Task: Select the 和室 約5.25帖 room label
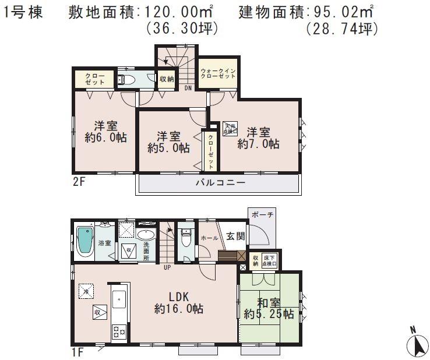[268, 309]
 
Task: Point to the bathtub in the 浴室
[86, 240]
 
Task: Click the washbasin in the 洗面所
[146, 235]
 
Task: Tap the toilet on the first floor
[186, 239]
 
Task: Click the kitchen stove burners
[118, 331]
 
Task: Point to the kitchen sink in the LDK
[118, 299]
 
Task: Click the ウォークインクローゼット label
[217, 73]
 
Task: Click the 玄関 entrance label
[235, 237]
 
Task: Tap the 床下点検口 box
[269, 259]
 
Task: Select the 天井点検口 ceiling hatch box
[230, 128]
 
